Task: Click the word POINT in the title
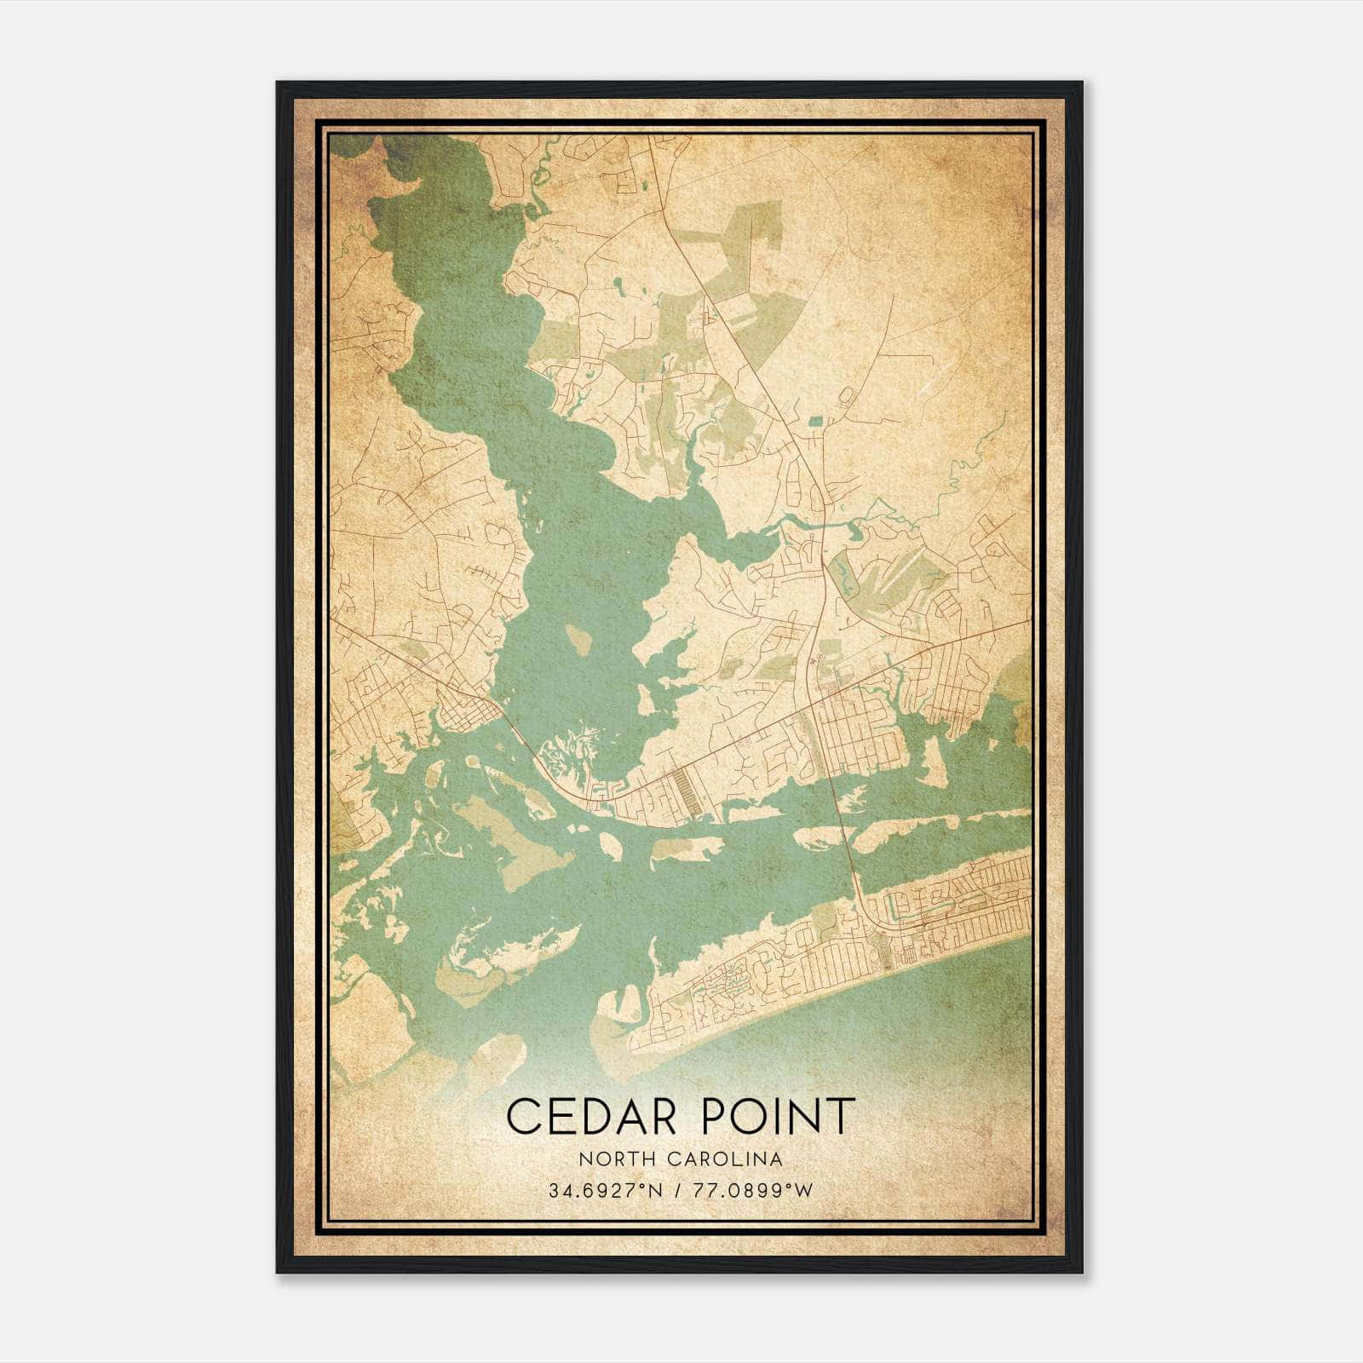coord(773,1116)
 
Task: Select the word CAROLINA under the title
coord(731,1159)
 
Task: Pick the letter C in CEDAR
coord(523,1116)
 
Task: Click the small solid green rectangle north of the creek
coord(815,420)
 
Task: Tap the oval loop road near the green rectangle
coord(846,394)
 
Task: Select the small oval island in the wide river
coord(578,639)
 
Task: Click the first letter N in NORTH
coord(584,1159)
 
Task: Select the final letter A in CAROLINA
coord(777,1159)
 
